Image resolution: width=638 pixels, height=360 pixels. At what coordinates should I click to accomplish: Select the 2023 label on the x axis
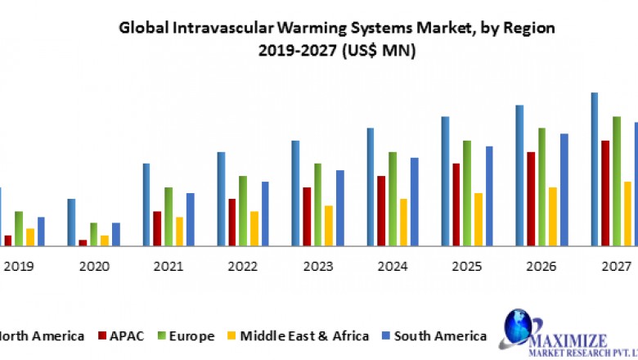pos(317,267)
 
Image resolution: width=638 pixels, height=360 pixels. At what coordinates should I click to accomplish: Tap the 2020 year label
pos(93,267)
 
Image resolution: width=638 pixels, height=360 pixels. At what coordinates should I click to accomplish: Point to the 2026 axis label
pos(541,267)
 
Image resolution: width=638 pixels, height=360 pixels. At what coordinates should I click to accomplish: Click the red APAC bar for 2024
pos(381,210)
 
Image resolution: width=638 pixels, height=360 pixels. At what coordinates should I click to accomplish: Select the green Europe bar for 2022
pos(242,210)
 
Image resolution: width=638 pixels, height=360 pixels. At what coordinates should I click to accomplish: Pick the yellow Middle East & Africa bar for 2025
pos(478,218)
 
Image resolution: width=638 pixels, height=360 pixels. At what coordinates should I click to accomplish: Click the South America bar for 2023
pos(340,207)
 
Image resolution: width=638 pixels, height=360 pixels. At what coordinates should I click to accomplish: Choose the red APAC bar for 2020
pos(83,242)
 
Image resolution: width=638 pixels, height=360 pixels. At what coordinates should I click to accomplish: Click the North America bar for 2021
pos(146,204)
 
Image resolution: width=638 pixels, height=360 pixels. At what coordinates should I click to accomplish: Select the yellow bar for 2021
pos(179,231)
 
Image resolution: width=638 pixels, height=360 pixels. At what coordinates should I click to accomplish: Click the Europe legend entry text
pos(191,335)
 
